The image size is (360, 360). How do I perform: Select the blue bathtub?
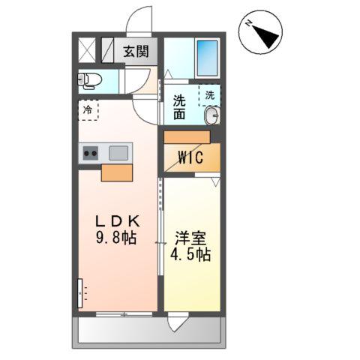[207, 55]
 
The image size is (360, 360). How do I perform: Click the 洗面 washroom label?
[180, 107]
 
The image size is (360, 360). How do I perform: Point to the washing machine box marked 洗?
[210, 96]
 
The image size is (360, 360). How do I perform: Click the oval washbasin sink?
[212, 116]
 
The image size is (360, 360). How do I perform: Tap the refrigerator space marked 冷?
[88, 109]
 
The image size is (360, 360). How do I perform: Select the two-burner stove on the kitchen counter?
[91, 154]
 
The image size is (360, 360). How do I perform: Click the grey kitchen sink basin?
[119, 154]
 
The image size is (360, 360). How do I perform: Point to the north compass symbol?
[260, 34]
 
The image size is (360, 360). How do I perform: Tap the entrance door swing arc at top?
[139, 19]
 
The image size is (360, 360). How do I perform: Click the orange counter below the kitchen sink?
[117, 173]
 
